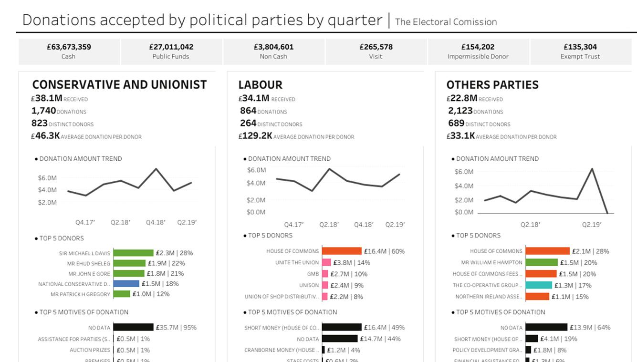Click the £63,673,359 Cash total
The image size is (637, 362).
(69, 47)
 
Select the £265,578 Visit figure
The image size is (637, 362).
(376, 47)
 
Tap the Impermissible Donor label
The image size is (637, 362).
(478, 56)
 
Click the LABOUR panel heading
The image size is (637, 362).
(260, 85)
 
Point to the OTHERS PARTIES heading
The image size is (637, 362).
(492, 85)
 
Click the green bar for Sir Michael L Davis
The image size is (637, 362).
(133, 253)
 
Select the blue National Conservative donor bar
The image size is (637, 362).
(126, 284)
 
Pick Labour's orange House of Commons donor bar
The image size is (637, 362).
(342, 251)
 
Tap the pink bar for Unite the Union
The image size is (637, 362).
(326, 262)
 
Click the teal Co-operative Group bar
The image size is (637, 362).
(539, 285)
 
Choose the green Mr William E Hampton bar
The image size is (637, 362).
(542, 262)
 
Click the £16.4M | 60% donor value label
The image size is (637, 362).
(384, 251)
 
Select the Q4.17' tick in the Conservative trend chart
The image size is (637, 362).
(85, 222)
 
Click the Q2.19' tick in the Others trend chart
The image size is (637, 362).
(591, 225)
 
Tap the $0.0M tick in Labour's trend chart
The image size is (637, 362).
(256, 212)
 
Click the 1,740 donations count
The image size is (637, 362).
(44, 111)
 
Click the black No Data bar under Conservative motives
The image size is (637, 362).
(133, 328)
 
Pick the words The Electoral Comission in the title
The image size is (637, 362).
(446, 22)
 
